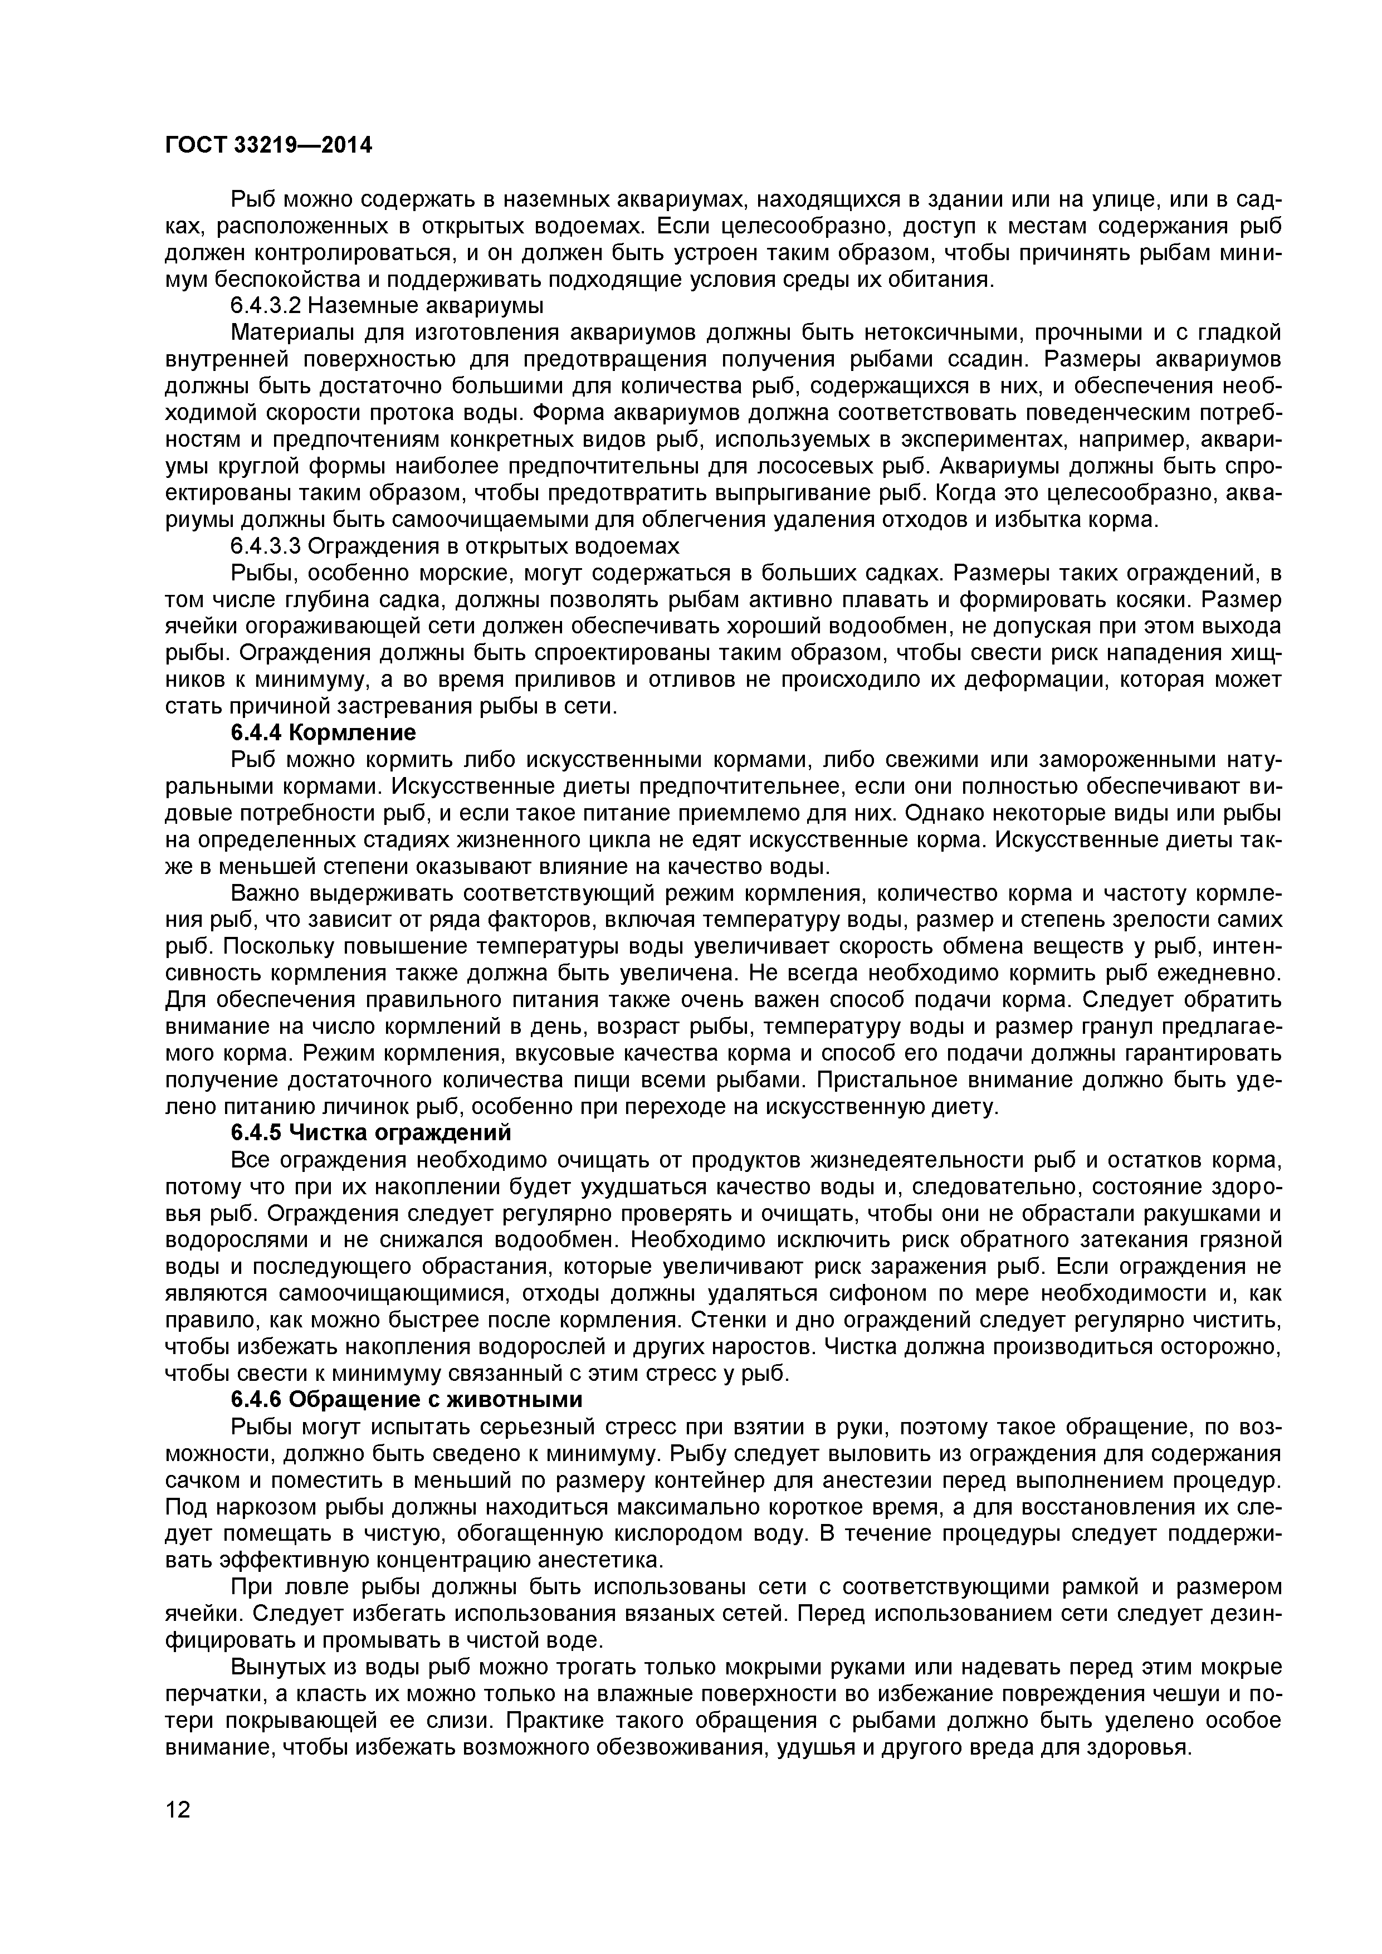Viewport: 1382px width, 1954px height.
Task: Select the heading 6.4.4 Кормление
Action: point(324,733)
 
